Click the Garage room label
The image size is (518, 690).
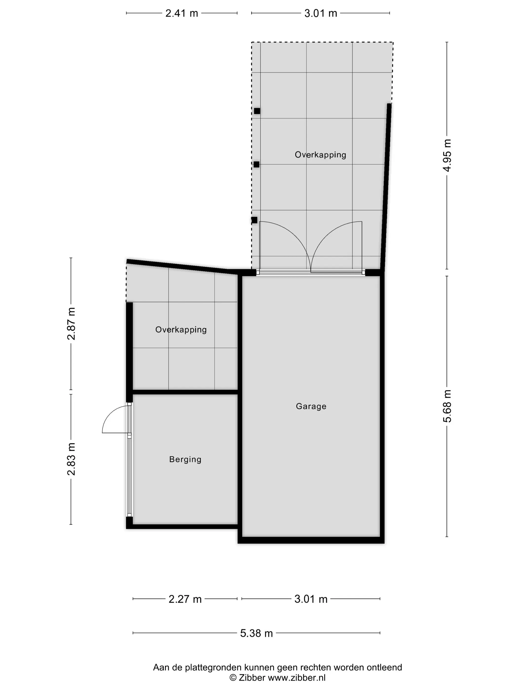click(311, 406)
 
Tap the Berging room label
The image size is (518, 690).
click(185, 460)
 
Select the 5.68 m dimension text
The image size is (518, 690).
click(447, 406)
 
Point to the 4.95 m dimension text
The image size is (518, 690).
click(447, 155)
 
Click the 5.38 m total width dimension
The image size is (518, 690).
click(256, 633)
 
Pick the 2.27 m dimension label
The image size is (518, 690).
click(185, 599)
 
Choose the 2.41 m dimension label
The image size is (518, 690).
click(182, 13)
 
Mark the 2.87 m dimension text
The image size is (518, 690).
click(72, 324)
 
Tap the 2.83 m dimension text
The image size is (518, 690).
click(72, 459)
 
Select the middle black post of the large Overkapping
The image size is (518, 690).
click(256, 164)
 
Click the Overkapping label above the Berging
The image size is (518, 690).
click(181, 330)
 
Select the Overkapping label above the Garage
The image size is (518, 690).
click(320, 155)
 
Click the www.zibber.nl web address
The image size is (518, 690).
click(297, 677)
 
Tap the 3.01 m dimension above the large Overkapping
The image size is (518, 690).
click(321, 13)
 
